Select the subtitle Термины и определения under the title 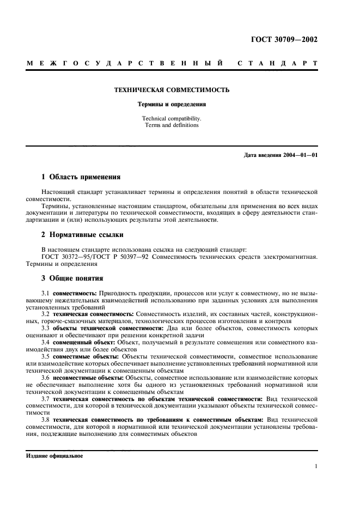[x=171, y=103]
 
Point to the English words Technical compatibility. [x=171, y=118]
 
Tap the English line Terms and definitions [x=171, y=125]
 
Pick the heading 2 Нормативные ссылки [x=83, y=235]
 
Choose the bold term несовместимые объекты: [x=89, y=378]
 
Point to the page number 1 [x=316, y=466]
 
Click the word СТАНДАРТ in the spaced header [x=277, y=64]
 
